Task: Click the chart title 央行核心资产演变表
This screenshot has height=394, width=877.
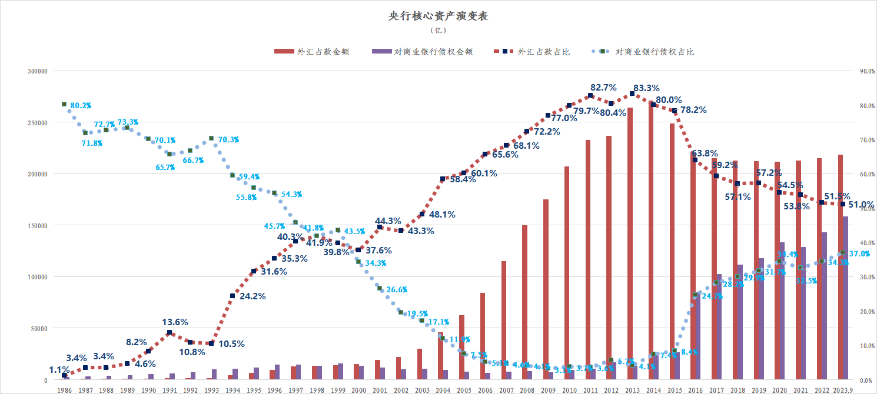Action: pyautogui.click(x=438, y=16)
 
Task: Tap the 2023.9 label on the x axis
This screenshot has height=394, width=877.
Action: pyautogui.click(x=843, y=390)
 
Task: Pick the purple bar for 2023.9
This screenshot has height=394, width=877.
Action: pyautogui.click(x=846, y=298)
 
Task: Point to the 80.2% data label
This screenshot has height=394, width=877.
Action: pyautogui.click(x=81, y=106)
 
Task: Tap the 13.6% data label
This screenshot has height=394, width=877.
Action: pyautogui.click(x=175, y=322)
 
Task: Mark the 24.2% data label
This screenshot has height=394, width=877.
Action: pyautogui.click(x=253, y=296)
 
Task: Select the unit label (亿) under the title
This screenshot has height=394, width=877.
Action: pyautogui.click(x=438, y=30)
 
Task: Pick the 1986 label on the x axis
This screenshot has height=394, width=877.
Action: pyautogui.click(x=64, y=390)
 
